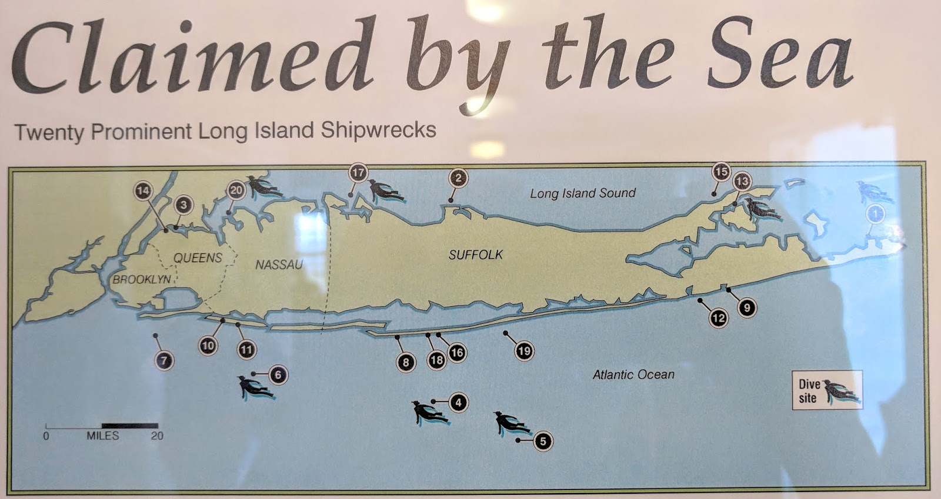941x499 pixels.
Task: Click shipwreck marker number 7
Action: pos(164,360)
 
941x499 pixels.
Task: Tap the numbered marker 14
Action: pos(143,190)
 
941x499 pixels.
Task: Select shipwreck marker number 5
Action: pos(543,441)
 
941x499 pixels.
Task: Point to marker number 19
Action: pos(524,351)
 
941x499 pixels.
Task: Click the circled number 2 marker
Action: pos(458,178)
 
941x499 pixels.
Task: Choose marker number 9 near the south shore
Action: pos(747,307)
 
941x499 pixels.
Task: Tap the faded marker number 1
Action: pos(876,214)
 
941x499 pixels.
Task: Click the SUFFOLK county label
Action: pos(476,254)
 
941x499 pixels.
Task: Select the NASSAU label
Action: pos(279,264)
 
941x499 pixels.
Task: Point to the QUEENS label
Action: pos(198,257)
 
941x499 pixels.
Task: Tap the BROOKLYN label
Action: pos(142,279)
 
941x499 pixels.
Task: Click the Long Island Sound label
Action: pos(583,193)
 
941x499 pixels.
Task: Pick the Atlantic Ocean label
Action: pos(633,374)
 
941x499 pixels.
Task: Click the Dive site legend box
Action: pos(827,390)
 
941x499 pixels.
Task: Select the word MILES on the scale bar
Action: pos(103,436)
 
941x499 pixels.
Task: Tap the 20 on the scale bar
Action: pos(157,436)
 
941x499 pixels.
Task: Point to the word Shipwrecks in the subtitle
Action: pos(378,130)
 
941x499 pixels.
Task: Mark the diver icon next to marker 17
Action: pos(385,190)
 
